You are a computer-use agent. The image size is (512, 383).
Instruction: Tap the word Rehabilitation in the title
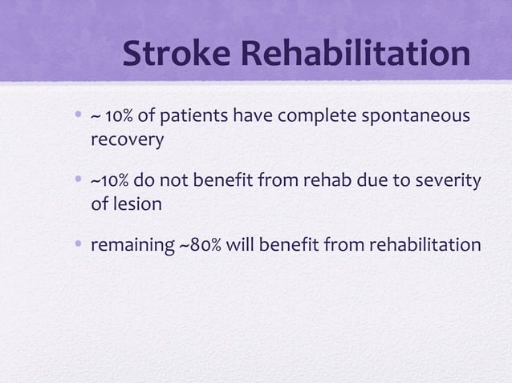point(355,54)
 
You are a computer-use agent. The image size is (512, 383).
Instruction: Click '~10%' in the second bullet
point(112,181)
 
